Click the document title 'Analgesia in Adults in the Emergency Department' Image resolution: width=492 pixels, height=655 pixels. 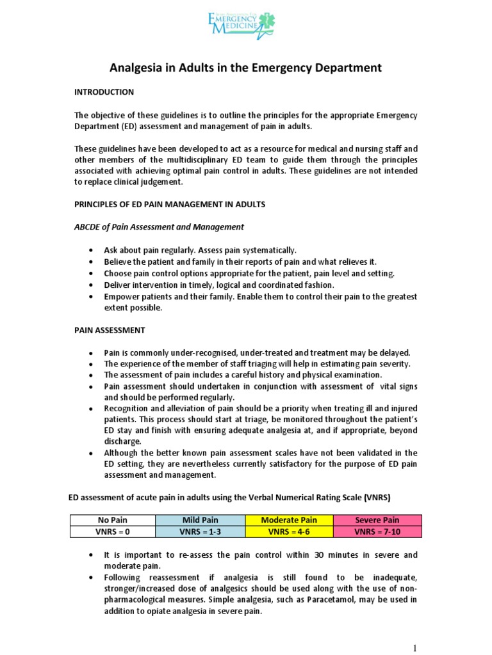(245, 67)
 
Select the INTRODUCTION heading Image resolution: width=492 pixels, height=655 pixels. (104, 92)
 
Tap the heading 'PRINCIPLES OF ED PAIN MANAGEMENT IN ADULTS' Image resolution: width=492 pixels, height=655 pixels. (169, 204)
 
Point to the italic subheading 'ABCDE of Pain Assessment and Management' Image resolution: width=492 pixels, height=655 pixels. (159, 226)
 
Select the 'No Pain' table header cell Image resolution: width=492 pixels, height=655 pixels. (112, 519)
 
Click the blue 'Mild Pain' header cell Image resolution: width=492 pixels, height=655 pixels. (201, 519)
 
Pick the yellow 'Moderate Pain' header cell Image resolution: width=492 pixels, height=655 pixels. (289, 519)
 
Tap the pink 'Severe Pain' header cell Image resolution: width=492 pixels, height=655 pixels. (377, 519)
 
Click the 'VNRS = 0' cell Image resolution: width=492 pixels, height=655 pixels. (112, 531)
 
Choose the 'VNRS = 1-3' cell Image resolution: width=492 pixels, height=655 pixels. (201, 531)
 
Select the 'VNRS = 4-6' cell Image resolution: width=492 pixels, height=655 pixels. (289, 531)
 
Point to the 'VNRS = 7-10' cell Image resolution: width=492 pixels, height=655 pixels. (377, 531)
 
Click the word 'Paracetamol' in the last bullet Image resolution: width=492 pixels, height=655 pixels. (347, 599)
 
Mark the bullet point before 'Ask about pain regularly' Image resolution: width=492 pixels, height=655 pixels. (94, 250)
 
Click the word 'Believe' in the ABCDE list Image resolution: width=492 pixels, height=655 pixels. (118, 262)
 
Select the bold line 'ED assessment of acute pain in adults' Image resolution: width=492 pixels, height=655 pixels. (229, 496)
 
